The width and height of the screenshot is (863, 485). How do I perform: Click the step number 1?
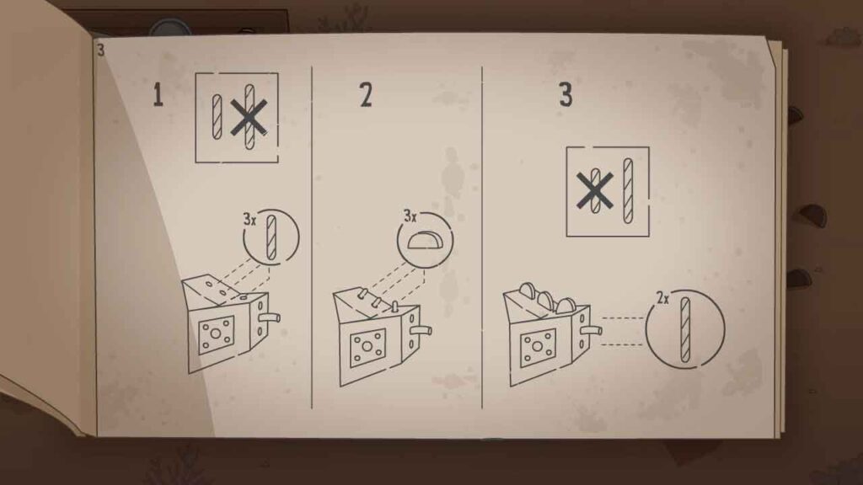click(x=158, y=94)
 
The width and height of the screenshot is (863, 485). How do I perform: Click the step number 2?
click(x=366, y=94)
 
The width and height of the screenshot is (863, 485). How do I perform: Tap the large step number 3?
click(x=566, y=94)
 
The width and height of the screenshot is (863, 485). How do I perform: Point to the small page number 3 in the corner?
click(x=100, y=50)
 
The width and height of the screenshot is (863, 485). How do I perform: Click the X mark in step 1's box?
click(x=249, y=116)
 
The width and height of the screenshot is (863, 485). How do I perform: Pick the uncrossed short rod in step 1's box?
click(x=217, y=116)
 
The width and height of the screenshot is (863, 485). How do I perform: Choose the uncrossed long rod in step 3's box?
click(x=627, y=191)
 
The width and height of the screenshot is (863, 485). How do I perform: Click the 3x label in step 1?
click(x=249, y=220)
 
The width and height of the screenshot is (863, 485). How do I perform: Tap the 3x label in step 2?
click(x=410, y=216)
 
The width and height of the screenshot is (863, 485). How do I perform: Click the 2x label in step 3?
click(x=662, y=298)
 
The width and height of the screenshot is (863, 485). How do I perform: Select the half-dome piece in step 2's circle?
click(x=424, y=241)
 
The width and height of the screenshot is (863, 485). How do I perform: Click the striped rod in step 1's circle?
click(x=271, y=237)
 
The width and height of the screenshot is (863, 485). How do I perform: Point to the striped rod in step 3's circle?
click(x=684, y=329)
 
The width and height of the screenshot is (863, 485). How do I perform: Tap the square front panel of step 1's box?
click(x=216, y=334)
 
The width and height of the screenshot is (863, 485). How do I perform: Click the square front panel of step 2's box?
click(x=367, y=348)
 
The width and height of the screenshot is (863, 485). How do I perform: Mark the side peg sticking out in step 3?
click(x=592, y=330)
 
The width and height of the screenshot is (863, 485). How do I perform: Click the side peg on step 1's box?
click(x=270, y=317)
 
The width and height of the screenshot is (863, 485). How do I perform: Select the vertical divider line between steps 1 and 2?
click(x=312, y=237)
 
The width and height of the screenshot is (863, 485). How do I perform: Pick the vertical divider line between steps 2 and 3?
click(x=482, y=237)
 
